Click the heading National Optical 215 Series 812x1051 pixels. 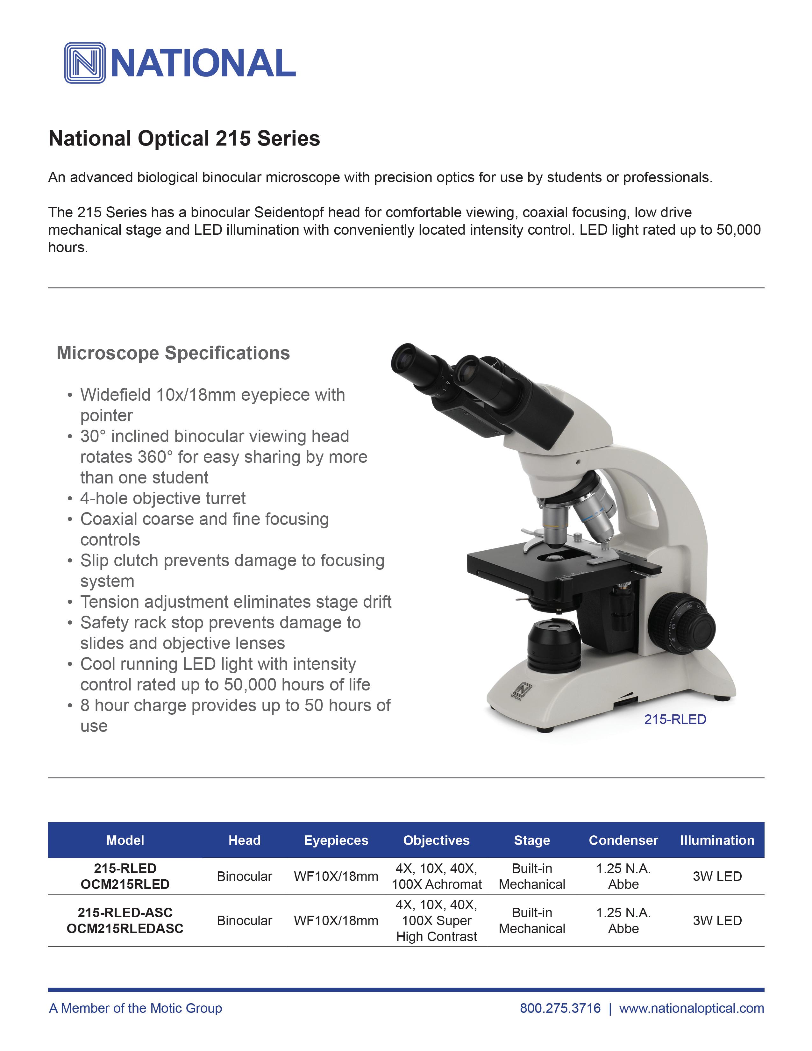tap(184, 139)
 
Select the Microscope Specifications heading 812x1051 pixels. tap(173, 353)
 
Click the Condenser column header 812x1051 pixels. tap(623, 840)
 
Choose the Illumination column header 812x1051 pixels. tap(717, 840)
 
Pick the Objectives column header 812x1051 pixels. tap(436, 840)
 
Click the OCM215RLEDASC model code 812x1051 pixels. tap(125, 928)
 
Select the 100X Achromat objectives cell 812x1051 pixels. tap(436, 884)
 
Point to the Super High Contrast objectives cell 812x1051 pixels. tap(436, 928)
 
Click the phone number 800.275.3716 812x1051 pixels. tap(560, 1008)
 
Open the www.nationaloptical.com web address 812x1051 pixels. tap(691, 1008)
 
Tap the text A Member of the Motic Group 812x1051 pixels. tap(136, 1008)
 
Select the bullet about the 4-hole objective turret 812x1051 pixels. tap(163, 498)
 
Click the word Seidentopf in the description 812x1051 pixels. tap(288, 212)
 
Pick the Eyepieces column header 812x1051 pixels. tap(336, 840)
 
